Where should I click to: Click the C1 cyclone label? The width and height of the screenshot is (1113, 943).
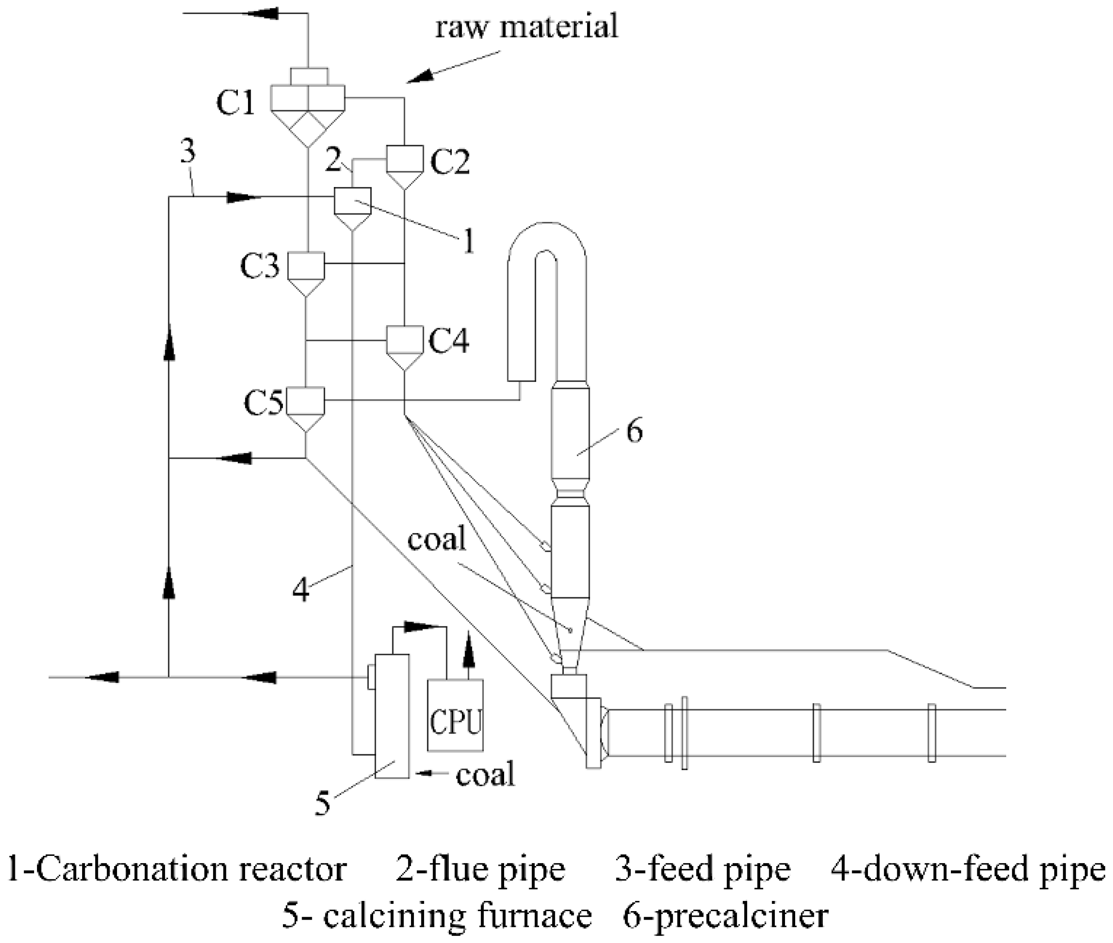tap(235, 102)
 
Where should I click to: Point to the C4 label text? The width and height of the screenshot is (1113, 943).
tap(449, 341)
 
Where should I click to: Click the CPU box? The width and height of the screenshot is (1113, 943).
tap(455, 715)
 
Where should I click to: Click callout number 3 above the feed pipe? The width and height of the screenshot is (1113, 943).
tap(187, 152)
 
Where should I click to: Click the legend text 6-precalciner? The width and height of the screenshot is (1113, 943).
tap(725, 916)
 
